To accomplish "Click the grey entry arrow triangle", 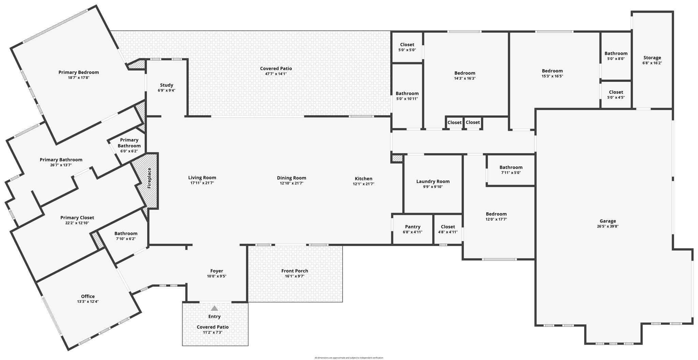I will (214, 308).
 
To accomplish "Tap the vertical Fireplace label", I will (149, 178).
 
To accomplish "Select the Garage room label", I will (608, 221).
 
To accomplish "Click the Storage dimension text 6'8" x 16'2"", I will (652, 63).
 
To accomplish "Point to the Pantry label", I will (412, 227).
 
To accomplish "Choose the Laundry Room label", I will (433, 181).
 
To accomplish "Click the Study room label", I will (166, 85).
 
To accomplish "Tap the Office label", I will (88, 296).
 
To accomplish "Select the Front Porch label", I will (294, 271).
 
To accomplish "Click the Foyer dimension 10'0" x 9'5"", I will (216, 276).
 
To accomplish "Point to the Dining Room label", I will (291, 178).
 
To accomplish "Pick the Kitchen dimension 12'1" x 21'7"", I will (363, 184).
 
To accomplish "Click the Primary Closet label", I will (77, 217).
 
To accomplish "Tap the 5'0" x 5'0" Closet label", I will (407, 45).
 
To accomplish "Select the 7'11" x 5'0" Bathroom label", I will (511, 167).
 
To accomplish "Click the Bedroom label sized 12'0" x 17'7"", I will (496, 214).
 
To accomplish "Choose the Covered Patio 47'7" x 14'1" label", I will (276, 69).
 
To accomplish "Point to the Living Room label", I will (202, 177).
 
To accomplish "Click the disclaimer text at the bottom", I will (349, 358).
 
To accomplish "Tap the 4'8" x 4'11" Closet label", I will (447, 227).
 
